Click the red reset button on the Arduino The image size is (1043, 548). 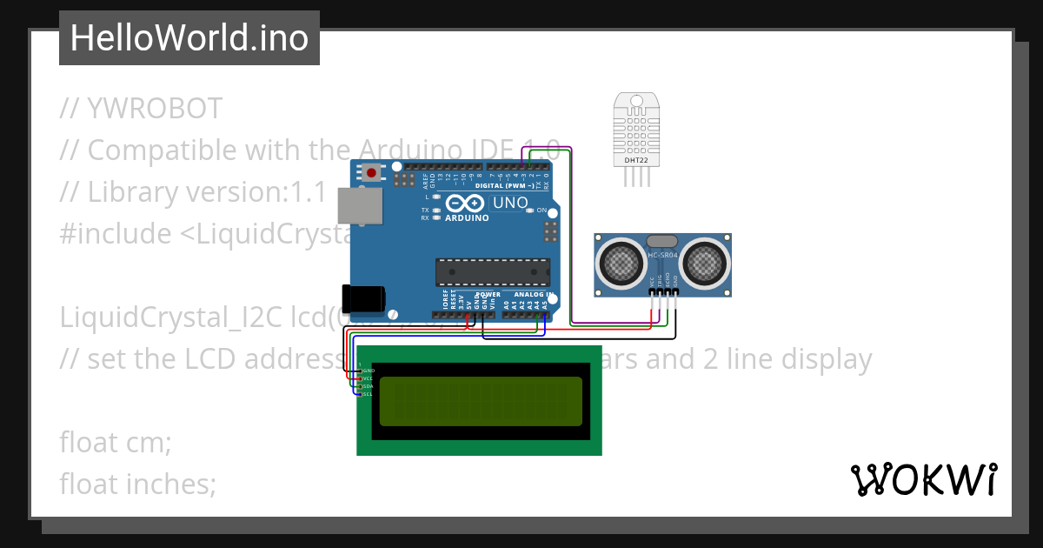click(x=372, y=172)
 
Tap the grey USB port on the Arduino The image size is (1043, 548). click(x=356, y=205)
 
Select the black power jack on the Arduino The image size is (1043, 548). click(x=362, y=298)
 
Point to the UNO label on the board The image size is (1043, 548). click(x=509, y=203)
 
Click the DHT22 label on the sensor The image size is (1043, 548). click(x=635, y=160)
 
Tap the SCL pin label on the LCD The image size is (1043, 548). click(x=367, y=394)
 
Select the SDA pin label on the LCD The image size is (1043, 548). click(x=367, y=386)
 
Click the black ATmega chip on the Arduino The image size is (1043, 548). click(x=492, y=271)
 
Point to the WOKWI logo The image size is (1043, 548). click(x=924, y=479)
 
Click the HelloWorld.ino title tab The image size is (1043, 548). click(x=189, y=38)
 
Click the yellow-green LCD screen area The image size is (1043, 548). click(x=481, y=401)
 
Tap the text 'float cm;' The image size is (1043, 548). click(x=115, y=442)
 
